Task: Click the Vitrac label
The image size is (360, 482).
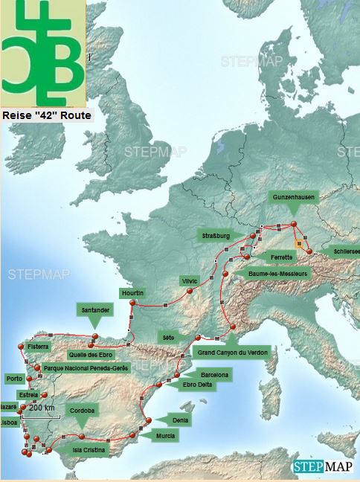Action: coord(190,281)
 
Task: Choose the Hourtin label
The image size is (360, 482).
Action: coord(132,292)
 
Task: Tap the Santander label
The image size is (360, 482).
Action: coord(94,309)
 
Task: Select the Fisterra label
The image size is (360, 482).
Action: coord(37,347)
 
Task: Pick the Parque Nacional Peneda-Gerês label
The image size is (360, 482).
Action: coord(86,368)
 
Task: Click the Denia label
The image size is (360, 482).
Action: coord(179,420)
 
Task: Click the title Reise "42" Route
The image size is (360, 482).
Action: coord(46,115)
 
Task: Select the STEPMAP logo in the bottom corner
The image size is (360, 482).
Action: coord(324,468)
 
